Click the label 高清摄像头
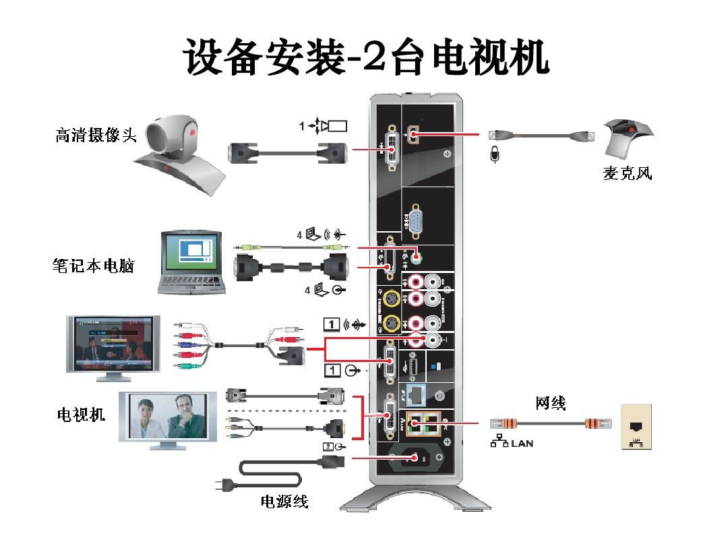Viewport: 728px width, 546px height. [96, 135]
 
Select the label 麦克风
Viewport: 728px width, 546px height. [627, 174]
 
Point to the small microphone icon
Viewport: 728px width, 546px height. [494, 154]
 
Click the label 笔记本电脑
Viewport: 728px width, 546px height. [93, 266]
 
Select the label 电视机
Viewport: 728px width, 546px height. [81, 415]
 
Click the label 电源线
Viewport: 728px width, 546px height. [284, 502]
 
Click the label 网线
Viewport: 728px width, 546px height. [551, 403]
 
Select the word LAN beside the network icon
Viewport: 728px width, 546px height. [522, 444]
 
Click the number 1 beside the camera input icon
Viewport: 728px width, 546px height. [303, 125]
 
